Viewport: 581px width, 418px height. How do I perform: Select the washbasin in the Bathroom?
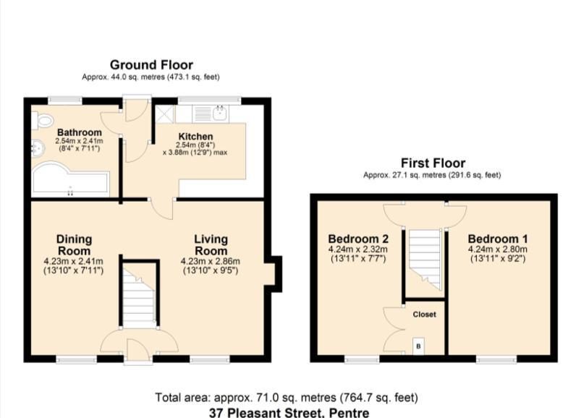click(x=38, y=149)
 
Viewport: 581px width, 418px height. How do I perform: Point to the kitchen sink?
click(x=221, y=113)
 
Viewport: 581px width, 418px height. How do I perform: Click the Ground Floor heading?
click(x=151, y=65)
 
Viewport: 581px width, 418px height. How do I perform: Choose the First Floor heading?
click(x=433, y=163)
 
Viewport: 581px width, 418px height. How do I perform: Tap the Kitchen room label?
click(x=195, y=136)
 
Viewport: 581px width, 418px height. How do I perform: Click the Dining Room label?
click(x=74, y=244)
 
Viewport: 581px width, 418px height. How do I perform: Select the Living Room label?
click(x=211, y=244)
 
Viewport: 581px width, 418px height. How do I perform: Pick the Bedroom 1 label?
click(x=498, y=239)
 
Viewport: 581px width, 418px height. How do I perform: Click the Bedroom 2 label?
click(x=358, y=239)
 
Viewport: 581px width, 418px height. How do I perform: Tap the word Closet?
click(x=424, y=315)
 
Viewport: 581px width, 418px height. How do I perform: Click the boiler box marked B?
click(x=419, y=346)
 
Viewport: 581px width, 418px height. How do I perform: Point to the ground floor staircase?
click(x=139, y=297)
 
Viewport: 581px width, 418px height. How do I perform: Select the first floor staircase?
click(x=425, y=260)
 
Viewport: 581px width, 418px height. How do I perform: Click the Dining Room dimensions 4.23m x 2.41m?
click(x=73, y=261)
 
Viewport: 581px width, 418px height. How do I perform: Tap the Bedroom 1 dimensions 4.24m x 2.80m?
click(x=498, y=249)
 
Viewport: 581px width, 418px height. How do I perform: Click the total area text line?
click(x=287, y=398)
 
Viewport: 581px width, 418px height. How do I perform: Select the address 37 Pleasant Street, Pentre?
click(x=289, y=412)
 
